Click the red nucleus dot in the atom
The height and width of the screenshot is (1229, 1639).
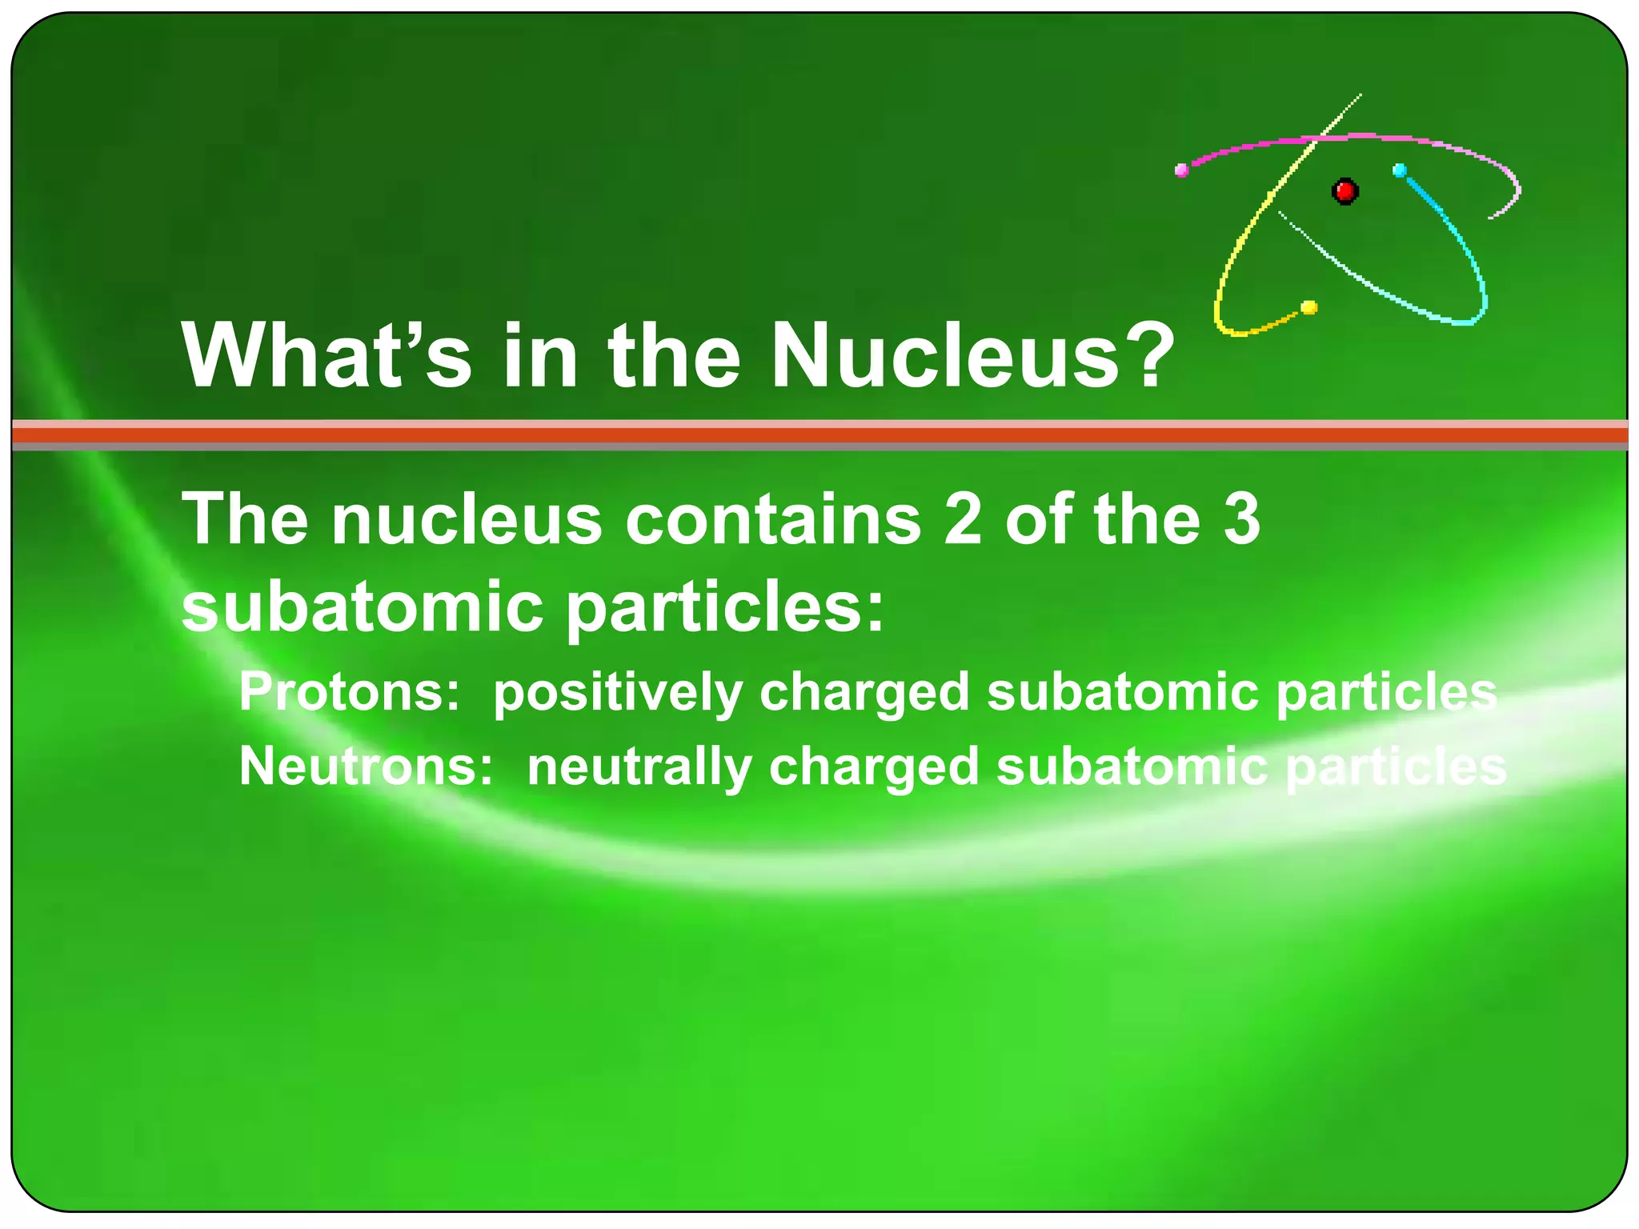pos(1344,191)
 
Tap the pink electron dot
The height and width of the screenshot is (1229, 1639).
pos(1181,170)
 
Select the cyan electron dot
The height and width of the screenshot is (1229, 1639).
pos(1400,170)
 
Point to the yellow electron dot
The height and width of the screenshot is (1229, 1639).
pos(1309,307)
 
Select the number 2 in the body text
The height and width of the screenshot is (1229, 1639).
pos(963,519)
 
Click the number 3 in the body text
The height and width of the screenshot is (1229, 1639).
pos(1241,519)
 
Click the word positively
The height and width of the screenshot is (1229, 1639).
pos(617,693)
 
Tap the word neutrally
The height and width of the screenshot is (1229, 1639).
pos(639,767)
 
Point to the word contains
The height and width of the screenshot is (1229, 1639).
pos(773,519)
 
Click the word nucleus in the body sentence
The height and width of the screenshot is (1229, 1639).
pos(467,519)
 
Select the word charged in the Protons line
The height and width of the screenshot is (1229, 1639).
pos(864,693)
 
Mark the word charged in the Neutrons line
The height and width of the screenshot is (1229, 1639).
pos(873,767)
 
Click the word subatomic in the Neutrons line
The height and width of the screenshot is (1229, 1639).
pos(1132,766)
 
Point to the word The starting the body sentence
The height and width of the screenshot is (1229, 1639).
pos(245,519)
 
